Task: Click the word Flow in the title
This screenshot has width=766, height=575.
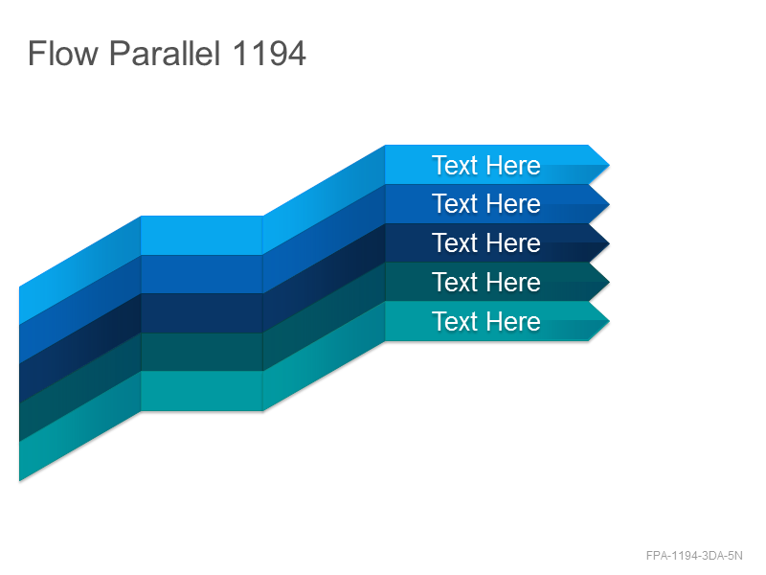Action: point(63,53)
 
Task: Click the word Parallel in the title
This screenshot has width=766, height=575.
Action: point(165,53)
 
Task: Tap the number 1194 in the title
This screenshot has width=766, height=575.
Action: point(269,53)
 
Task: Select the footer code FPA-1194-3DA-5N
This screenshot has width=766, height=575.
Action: point(694,556)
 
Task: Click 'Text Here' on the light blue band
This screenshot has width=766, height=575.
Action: point(486,165)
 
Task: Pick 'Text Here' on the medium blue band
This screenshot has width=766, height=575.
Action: point(486,203)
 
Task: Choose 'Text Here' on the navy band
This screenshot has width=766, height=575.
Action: point(486,242)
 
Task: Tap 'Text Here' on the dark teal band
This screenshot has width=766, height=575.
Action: point(486,282)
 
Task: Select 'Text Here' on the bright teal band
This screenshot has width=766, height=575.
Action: point(486,321)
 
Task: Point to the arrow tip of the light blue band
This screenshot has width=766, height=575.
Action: point(609,165)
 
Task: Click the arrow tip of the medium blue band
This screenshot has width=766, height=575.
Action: point(609,204)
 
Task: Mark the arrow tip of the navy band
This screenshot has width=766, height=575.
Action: point(609,243)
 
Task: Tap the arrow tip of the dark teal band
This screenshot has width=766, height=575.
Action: point(609,282)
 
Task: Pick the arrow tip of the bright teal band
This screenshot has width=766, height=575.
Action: point(609,321)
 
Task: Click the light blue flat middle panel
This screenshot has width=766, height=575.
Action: point(202,235)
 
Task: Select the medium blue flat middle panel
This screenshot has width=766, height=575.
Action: point(202,274)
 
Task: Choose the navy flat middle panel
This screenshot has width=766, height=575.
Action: point(202,313)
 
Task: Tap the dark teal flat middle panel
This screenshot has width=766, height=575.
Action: point(202,352)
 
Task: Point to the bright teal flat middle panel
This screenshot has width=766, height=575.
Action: point(202,391)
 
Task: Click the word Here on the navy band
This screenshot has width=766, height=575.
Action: point(513,242)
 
